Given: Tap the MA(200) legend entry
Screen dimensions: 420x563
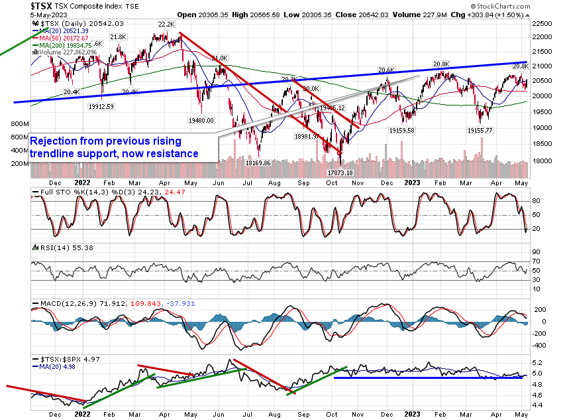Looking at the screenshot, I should point(66,44).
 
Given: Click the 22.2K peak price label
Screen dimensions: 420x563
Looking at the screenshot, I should point(165,25).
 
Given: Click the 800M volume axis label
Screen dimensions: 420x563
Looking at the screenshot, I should point(17,124).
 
